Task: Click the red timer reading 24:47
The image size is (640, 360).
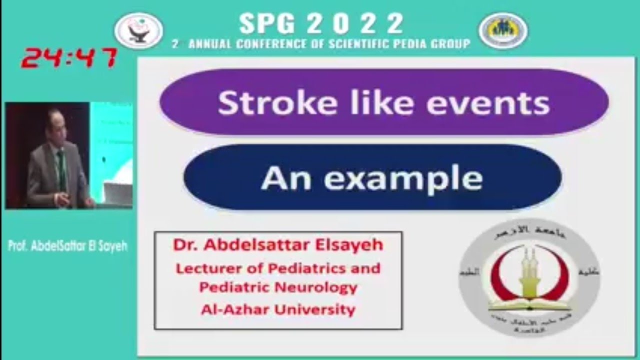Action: point(69,58)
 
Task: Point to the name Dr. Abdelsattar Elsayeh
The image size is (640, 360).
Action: point(278,245)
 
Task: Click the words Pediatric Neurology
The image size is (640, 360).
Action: point(278,287)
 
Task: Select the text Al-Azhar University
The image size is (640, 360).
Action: point(278,309)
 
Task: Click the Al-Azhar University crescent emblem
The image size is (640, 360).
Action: point(529,277)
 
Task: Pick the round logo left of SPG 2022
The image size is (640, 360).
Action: point(138,30)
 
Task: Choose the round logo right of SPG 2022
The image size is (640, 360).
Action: point(502,30)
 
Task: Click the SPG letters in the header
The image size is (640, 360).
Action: point(268,23)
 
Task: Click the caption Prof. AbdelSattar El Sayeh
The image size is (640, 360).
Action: point(68,246)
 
